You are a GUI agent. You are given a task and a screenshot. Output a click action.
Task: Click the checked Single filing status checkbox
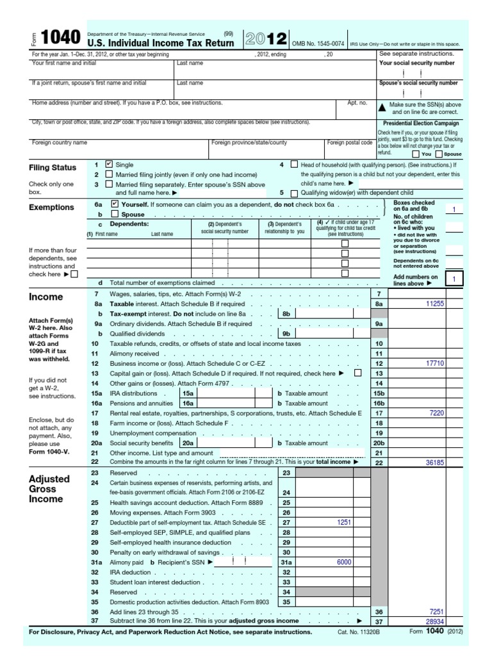pyautogui.click(x=109, y=164)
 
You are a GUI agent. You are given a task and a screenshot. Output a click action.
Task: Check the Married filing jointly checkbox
pyautogui.click(x=109, y=174)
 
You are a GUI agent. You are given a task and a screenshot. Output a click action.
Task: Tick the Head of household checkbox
pyautogui.click(x=294, y=164)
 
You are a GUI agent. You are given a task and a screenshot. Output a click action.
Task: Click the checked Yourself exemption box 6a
pyautogui.click(x=115, y=204)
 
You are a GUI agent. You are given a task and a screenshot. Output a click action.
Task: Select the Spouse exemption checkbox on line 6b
pyautogui.click(x=115, y=214)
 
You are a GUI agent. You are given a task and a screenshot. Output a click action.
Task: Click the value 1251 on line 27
pyautogui.click(x=345, y=523)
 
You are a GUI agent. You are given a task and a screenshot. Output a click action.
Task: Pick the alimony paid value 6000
pyautogui.click(x=345, y=562)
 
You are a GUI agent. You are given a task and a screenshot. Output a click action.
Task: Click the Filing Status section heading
pyautogui.click(x=53, y=168)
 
